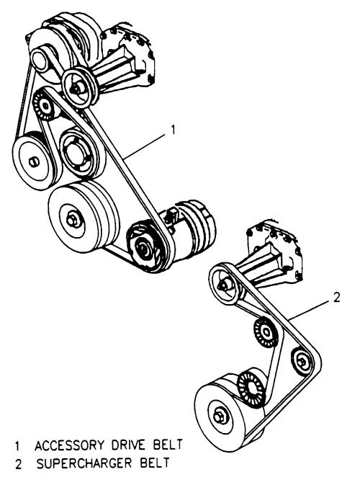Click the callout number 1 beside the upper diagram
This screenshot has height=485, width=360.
(x=173, y=130)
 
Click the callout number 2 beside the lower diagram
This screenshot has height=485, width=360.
(x=336, y=297)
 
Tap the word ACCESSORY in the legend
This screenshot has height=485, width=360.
(x=70, y=445)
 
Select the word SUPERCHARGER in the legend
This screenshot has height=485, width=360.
(x=84, y=463)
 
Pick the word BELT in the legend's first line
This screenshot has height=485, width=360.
(x=168, y=445)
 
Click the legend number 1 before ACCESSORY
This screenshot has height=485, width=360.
(x=17, y=446)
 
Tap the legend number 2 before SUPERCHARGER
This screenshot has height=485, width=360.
(x=19, y=464)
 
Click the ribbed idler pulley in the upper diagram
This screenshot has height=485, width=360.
(x=45, y=105)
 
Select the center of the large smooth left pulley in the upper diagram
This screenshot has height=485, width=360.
(x=32, y=161)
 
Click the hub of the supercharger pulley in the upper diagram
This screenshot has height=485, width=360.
(x=75, y=88)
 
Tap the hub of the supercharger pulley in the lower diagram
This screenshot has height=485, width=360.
(x=223, y=286)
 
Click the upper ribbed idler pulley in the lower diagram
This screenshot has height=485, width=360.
(x=266, y=332)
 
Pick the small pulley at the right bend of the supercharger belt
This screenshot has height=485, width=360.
(x=302, y=362)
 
